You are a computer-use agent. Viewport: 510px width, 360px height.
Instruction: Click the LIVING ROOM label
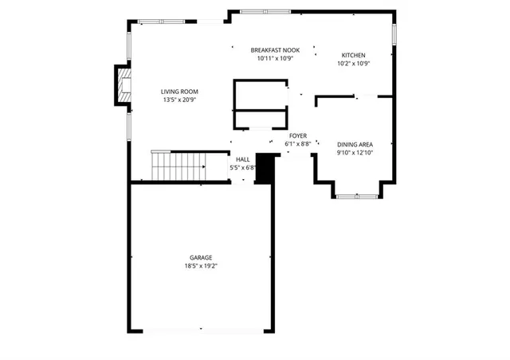(x=179, y=92)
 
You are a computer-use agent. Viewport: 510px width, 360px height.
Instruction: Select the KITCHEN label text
(x=354, y=55)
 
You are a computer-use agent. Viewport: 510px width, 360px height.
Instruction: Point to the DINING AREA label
(x=354, y=143)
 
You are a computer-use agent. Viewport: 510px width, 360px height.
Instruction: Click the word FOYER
(x=298, y=136)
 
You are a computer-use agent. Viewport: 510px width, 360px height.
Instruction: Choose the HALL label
(x=242, y=159)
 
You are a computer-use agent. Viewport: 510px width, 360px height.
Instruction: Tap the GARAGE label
(x=201, y=257)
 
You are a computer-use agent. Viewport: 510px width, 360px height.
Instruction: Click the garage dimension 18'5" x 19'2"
(x=201, y=265)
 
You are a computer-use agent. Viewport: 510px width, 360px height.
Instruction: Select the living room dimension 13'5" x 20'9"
(x=179, y=100)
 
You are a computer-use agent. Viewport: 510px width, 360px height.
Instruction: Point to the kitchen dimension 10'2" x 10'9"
(x=354, y=64)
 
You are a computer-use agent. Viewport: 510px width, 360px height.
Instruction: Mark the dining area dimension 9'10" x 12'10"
(x=354, y=152)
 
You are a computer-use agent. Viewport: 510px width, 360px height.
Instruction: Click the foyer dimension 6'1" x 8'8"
(x=298, y=144)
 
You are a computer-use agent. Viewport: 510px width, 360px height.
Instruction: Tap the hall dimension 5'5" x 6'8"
(x=242, y=168)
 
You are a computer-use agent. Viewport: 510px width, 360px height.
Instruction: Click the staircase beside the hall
(x=179, y=166)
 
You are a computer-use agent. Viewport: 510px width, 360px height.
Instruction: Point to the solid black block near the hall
(x=264, y=169)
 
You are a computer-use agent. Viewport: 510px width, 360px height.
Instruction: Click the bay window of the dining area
(x=355, y=195)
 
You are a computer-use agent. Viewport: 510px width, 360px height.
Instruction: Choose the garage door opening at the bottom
(x=202, y=329)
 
